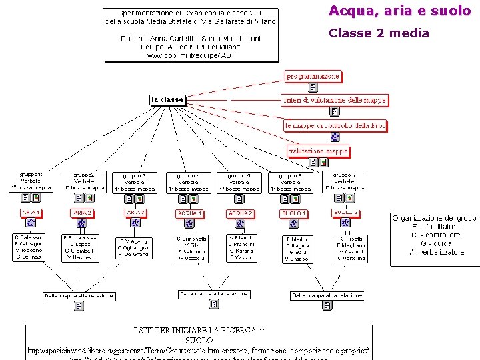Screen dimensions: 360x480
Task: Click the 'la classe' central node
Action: click(x=167, y=100)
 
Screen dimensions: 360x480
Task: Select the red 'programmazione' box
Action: click(x=313, y=76)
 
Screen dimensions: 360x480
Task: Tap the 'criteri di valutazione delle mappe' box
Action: click(x=335, y=100)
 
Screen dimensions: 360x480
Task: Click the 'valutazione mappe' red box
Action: click(x=318, y=151)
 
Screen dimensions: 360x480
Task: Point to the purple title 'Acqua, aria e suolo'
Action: click(x=400, y=11)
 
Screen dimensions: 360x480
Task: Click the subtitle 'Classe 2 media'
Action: click(x=379, y=33)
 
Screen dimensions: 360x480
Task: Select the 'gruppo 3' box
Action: click(x=135, y=182)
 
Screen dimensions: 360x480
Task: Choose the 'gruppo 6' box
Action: click(x=291, y=182)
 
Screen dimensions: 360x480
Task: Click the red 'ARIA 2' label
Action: click(x=82, y=213)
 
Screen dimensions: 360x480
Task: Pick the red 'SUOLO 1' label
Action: click(x=294, y=213)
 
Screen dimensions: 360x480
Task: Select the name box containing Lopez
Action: click(x=79, y=248)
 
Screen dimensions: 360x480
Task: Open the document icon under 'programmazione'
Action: click(x=313, y=87)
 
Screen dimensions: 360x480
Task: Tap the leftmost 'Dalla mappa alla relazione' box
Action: click(x=79, y=295)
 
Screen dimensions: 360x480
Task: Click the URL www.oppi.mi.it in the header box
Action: click(x=190, y=56)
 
